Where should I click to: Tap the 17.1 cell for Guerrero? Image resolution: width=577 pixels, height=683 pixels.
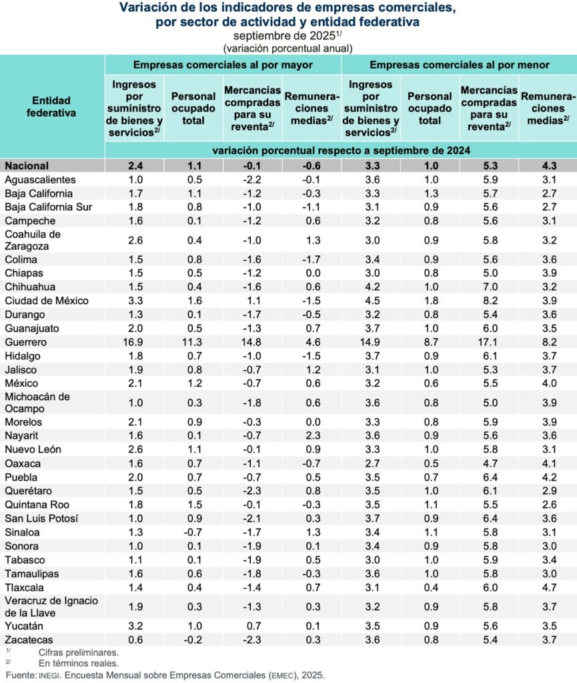pyautogui.click(x=489, y=342)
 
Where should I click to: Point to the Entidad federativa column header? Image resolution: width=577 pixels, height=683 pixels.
pyautogui.click(x=51, y=107)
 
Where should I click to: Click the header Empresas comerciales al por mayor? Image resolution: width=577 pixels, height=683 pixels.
pyautogui.click(x=223, y=65)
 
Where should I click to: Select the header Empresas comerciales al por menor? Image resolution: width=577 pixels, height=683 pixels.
pyautogui.click(x=459, y=65)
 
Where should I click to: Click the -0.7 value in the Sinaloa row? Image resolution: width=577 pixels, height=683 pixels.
pyautogui.click(x=193, y=532)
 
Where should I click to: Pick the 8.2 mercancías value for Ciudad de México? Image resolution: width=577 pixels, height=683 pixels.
pyautogui.click(x=489, y=300)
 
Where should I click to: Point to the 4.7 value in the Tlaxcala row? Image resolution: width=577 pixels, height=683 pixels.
pyautogui.click(x=547, y=587)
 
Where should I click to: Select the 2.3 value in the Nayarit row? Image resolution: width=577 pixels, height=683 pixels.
pyautogui.click(x=312, y=436)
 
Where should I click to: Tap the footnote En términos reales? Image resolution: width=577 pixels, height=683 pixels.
pyautogui.click(x=78, y=663)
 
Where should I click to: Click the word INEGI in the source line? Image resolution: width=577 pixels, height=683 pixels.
pyautogui.click(x=50, y=675)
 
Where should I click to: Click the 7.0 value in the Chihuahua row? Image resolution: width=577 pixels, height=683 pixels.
pyautogui.click(x=489, y=287)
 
